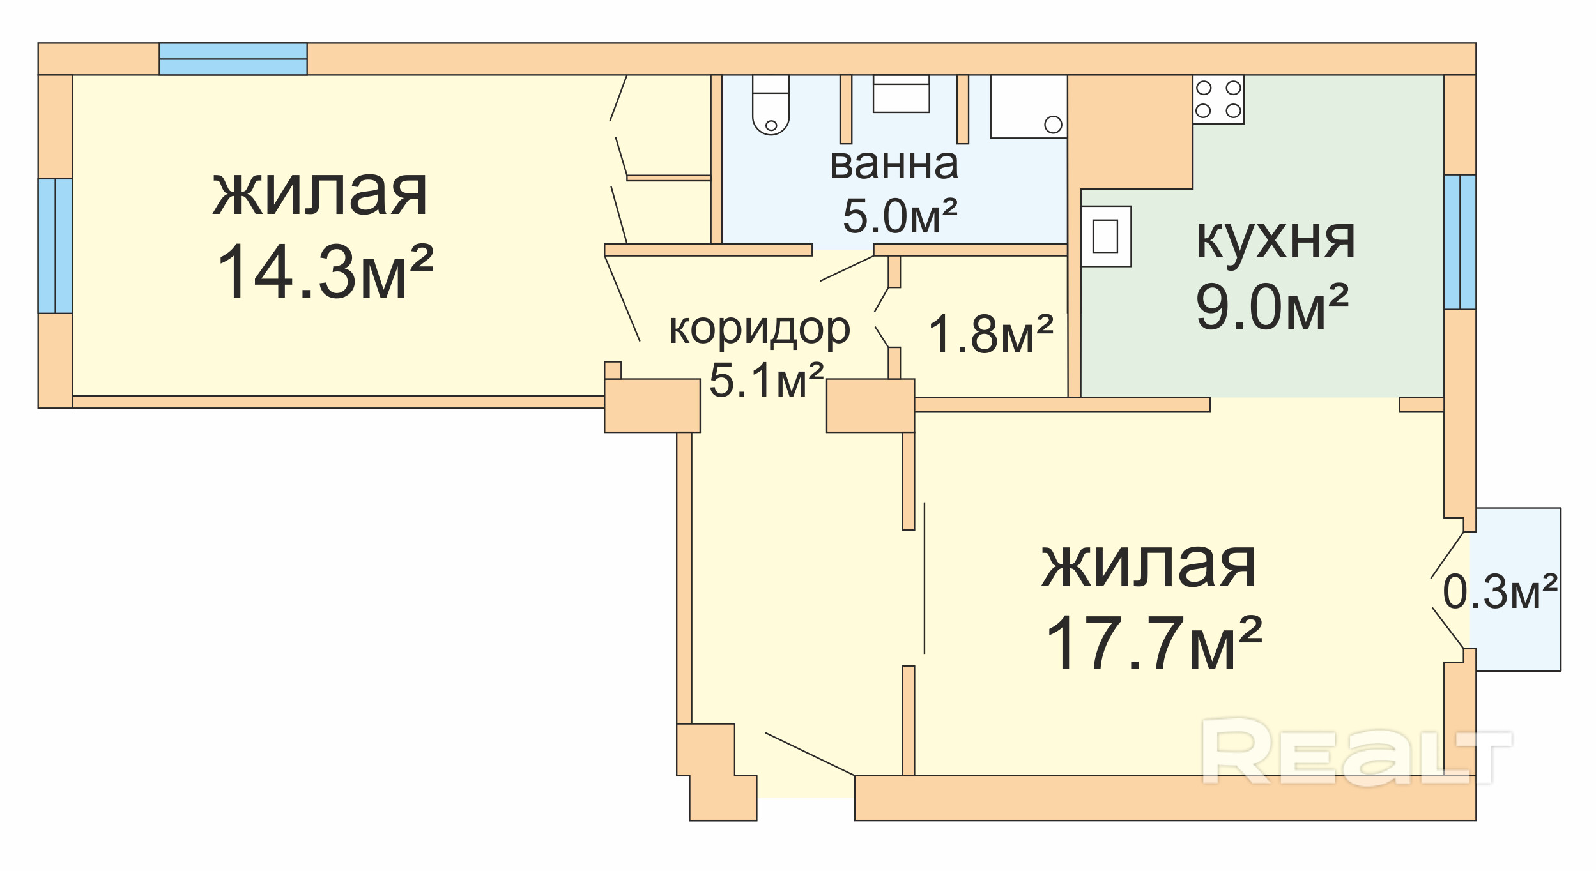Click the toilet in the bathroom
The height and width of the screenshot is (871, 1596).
pyautogui.click(x=771, y=105)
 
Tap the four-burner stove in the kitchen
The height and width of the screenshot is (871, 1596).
pyautogui.click(x=1218, y=100)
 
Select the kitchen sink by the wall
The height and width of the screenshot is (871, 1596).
pyautogui.click(x=1105, y=236)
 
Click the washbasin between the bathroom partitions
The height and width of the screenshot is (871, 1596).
pyautogui.click(x=901, y=94)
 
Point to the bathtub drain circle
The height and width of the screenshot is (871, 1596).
pyautogui.click(x=1053, y=125)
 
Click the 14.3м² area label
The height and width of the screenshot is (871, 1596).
pyautogui.click(x=325, y=273)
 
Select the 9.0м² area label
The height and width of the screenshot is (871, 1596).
pyautogui.click(x=1272, y=308)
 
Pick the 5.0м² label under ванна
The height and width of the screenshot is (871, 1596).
pyautogui.click(x=900, y=216)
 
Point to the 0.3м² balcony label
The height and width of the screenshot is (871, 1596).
pyautogui.click(x=1500, y=591)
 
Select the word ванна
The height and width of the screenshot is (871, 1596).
pyautogui.click(x=894, y=164)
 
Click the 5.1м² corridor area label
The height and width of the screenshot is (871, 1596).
pyautogui.click(x=767, y=380)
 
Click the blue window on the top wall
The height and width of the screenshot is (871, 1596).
pyautogui.click(x=233, y=59)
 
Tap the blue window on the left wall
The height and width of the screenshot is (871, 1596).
pyautogui.click(x=56, y=246)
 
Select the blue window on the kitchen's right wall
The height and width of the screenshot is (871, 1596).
pyautogui.click(x=1460, y=242)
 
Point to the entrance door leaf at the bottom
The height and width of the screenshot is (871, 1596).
pyautogui.click(x=810, y=754)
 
